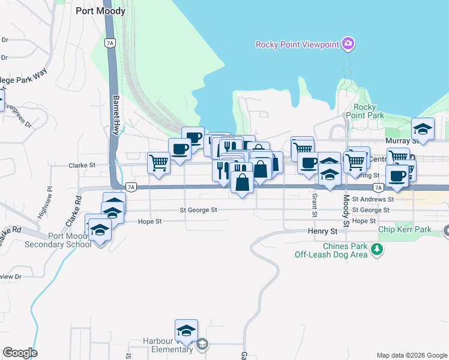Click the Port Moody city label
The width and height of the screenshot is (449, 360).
[x=101, y=11]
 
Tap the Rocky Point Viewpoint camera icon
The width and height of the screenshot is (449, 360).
[x=348, y=44]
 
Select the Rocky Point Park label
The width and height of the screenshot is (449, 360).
[x=365, y=111]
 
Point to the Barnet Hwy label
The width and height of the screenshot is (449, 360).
[x=116, y=114]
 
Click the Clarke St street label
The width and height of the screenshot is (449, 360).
[x=82, y=165]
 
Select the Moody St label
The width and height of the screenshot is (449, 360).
[x=346, y=214]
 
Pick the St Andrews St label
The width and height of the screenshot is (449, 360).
[x=373, y=199]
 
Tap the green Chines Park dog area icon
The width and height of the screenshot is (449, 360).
[x=376, y=248]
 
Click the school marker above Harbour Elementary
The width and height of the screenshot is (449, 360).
[x=186, y=331]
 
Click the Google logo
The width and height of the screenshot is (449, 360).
[x=20, y=353]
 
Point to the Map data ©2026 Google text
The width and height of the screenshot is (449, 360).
[x=411, y=355]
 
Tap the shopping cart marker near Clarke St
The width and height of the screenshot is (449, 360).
[x=158, y=163]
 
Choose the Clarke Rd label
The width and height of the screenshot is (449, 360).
[x=74, y=211]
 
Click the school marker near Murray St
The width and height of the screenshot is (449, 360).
[x=423, y=130]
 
